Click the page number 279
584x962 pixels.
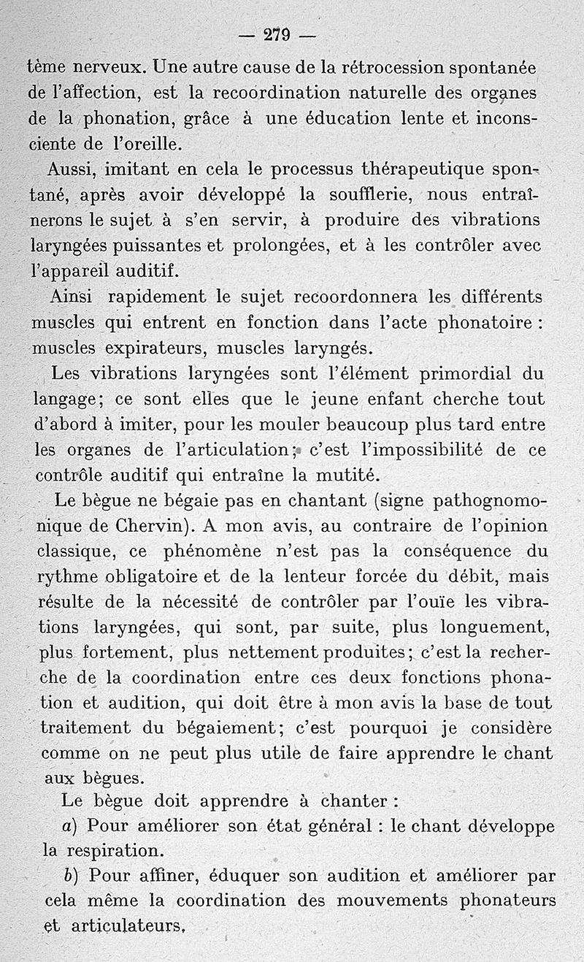point(277,34)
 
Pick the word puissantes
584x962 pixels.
point(160,245)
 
